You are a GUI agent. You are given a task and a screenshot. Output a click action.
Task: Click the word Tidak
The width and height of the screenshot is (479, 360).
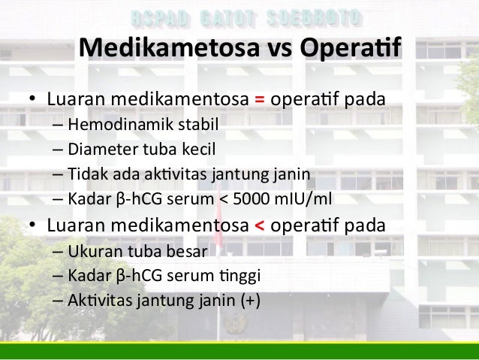click(x=85, y=175)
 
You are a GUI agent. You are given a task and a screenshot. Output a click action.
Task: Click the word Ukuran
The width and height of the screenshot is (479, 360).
click(x=92, y=250)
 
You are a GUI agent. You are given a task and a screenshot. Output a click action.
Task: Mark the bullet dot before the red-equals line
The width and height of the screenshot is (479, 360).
click(x=33, y=101)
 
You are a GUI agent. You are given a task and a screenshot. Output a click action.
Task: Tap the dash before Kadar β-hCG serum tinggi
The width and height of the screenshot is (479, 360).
click(x=58, y=275)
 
